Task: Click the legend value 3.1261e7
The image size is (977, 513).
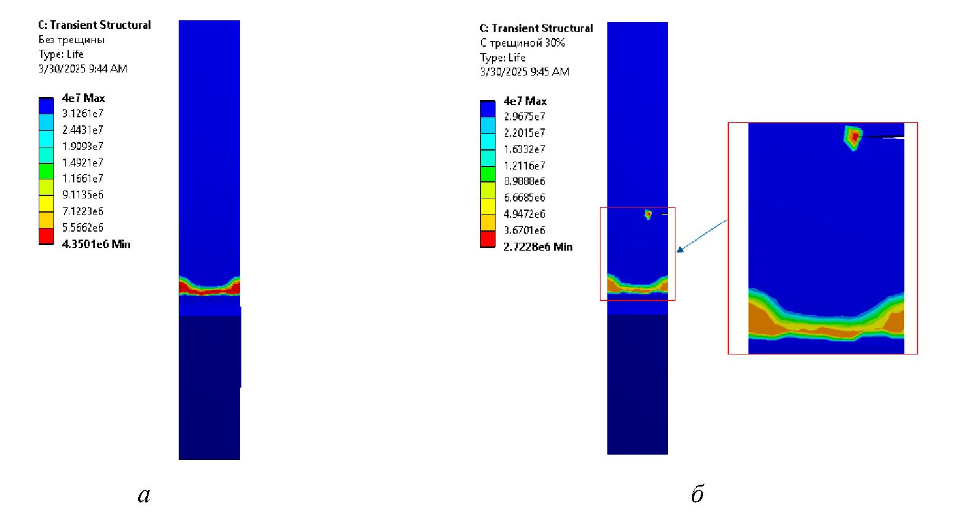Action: (x=83, y=114)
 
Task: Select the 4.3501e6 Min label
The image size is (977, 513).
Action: (x=96, y=245)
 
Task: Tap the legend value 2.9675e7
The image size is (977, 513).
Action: (x=524, y=117)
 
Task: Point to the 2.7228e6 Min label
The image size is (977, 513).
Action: (x=538, y=247)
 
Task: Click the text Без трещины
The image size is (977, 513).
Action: (x=71, y=40)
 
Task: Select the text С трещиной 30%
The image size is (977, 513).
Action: (x=523, y=43)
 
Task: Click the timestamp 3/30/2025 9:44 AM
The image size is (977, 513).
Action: (x=83, y=69)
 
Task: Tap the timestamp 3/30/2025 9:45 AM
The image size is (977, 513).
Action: (x=524, y=72)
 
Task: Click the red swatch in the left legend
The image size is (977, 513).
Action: (x=46, y=237)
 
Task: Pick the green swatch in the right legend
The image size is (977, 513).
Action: (x=488, y=174)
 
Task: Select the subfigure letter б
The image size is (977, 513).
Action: (x=698, y=493)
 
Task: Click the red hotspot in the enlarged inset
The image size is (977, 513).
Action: (x=855, y=137)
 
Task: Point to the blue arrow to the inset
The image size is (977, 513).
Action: (x=702, y=236)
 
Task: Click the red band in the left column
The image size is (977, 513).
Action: (x=209, y=288)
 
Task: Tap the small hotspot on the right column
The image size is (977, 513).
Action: (x=648, y=214)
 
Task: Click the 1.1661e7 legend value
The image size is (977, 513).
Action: (x=83, y=179)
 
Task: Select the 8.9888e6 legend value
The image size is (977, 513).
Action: (x=524, y=181)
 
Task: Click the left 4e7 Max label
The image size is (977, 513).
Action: (x=84, y=98)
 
